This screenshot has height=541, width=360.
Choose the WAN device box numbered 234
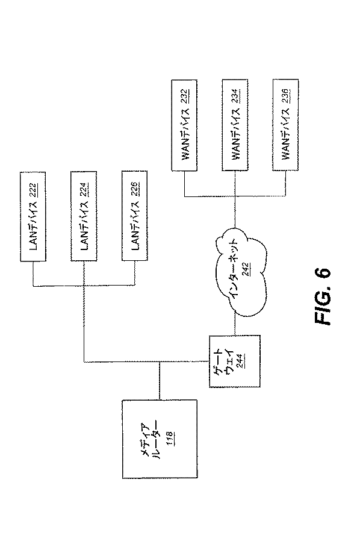(x=238, y=128)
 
